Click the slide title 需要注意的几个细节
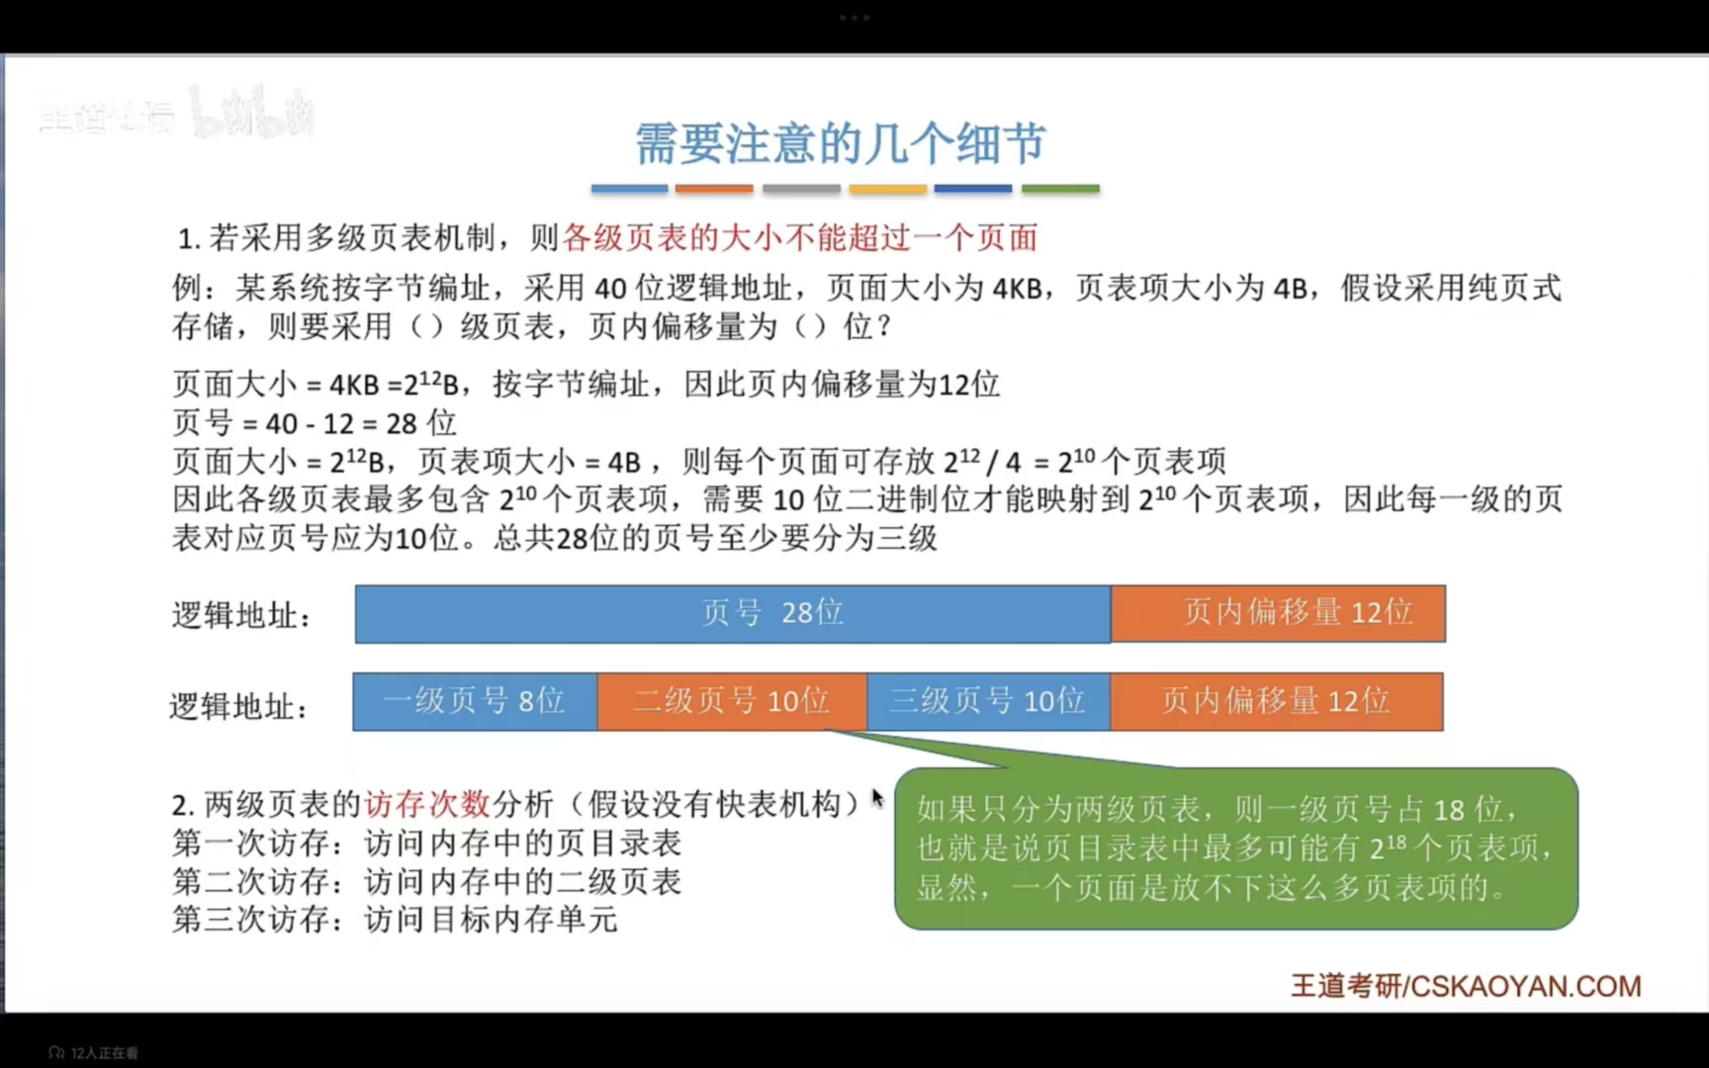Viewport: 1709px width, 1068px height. [x=840, y=144]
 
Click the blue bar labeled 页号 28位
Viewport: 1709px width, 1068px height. [x=732, y=614]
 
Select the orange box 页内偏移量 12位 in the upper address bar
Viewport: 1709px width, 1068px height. [x=1278, y=614]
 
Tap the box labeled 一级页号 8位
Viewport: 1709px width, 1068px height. [x=475, y=702]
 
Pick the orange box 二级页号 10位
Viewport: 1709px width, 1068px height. [x=732, y=702]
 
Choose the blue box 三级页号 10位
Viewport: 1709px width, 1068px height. [x=988, y=702]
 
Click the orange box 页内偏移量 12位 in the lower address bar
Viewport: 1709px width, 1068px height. [x=1276, y=702]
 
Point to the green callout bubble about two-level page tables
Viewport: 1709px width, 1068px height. [x=1235, y=848]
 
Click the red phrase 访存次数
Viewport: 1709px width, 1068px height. [x=427, y=804]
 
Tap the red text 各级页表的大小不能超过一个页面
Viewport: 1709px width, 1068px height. [x=800, y=237]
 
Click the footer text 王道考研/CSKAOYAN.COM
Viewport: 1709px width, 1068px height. [x=1466, y=986]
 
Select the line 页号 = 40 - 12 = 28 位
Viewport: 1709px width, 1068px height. [x=315, y=423]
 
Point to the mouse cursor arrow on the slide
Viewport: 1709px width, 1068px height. [x=876, y=797]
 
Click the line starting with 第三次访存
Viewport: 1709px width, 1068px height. [x=395, y=920]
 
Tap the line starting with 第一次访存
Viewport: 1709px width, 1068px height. [x=426, y=844]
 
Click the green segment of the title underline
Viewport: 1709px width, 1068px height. [x=1060, y=188]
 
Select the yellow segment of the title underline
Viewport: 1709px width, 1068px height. [x=887, y=188]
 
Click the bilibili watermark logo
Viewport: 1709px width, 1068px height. [x=252, y=115]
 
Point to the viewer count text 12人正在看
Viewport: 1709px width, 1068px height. [x=104, y=1053]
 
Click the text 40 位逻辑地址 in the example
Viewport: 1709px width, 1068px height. [x=692, y=288]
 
